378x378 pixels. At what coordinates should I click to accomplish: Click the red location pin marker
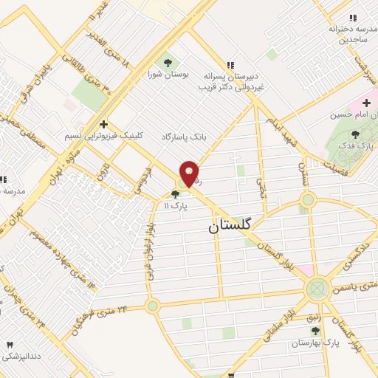[x=189, y=173]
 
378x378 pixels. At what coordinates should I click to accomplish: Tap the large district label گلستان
[x=230, y=229]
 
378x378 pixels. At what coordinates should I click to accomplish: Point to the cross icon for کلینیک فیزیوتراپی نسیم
[x=104, y=124]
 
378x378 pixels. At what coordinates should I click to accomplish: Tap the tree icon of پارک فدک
[x=355, y=134]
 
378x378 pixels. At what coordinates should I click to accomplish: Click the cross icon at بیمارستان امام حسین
[x=365, y=101]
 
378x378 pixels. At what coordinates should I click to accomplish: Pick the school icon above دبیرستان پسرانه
[x=231, y=64]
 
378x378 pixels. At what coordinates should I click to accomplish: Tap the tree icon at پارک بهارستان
[x=315, y=331]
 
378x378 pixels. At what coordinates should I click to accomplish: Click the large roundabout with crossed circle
[x=317, y=289]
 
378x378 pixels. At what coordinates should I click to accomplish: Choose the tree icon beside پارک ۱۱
[x=174, y=194]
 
